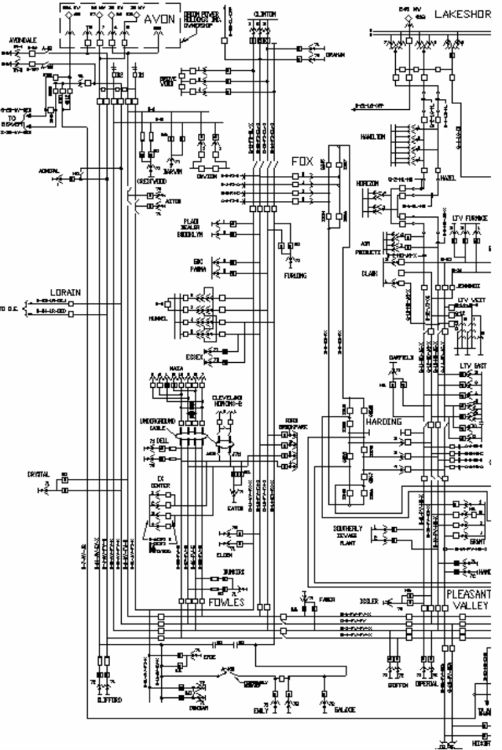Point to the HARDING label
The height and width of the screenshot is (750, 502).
pos(380,422)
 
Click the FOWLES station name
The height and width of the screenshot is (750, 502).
pos(225,603)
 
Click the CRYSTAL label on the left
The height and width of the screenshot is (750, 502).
pos(39,474)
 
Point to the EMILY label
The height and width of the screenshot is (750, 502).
pos(261,710)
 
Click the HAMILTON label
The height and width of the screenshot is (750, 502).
pos(372,137)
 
